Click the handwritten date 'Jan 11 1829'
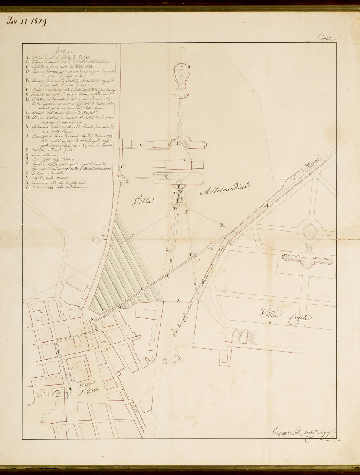(x=27, y=22)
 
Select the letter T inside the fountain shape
(x=181, y=68)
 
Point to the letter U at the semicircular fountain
(x=179, y=143)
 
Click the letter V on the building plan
(x=141, y=146)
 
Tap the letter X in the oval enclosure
(x=166, y=177)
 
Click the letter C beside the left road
(x=122, y=167)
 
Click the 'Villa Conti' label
(x=286, y=315)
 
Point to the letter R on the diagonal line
(x=222, y=225)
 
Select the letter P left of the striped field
(x=132, y=235)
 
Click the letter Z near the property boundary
(x=178, y=301)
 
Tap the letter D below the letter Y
(x=199, y=259)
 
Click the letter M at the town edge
(x=92, y=319)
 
